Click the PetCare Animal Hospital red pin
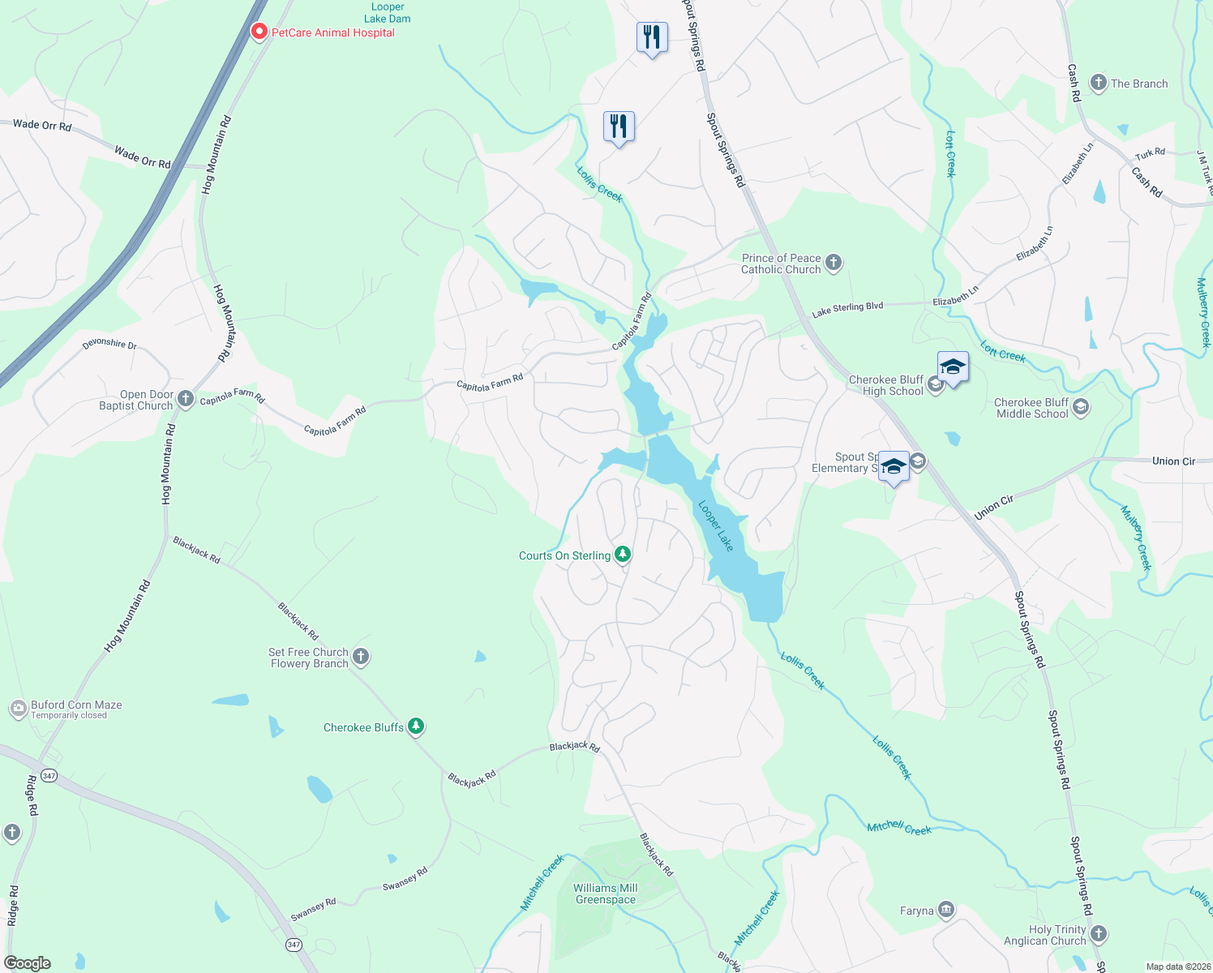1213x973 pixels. [259, 32]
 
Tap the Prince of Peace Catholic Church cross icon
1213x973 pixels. [834, 263]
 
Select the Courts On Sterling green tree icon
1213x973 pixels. [623, 555]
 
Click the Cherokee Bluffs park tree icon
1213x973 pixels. [416, 727]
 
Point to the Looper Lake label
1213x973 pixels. [716, 526]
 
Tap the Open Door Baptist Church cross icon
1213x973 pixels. [186, 399]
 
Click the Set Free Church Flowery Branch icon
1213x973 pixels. [361, 657]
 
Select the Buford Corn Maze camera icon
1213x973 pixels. [18, 709]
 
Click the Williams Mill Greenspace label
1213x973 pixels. [606, 894]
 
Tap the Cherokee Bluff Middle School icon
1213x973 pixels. [1080, 407]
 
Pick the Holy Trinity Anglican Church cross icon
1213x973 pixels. [1098, 934]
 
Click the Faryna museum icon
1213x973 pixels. [946, 910]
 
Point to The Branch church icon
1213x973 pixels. [1099, 83]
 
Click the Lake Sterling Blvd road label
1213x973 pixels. [847, 310]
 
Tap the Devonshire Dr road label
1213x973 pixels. [109, 345]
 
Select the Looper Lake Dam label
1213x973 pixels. [388, 13]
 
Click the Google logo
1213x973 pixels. [28, 963]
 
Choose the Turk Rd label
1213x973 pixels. [1150, 153]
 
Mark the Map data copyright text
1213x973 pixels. [1177, 967]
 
